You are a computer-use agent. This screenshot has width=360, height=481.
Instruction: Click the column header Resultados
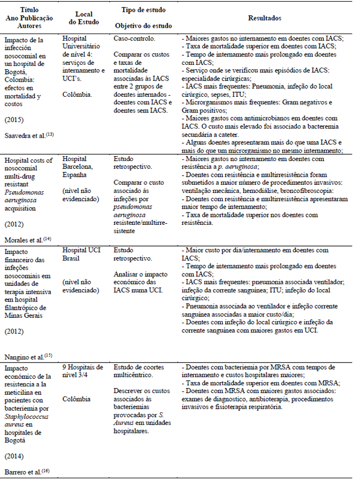pos(264,18)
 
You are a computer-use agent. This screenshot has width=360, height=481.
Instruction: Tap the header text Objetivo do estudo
pos(141,26)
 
